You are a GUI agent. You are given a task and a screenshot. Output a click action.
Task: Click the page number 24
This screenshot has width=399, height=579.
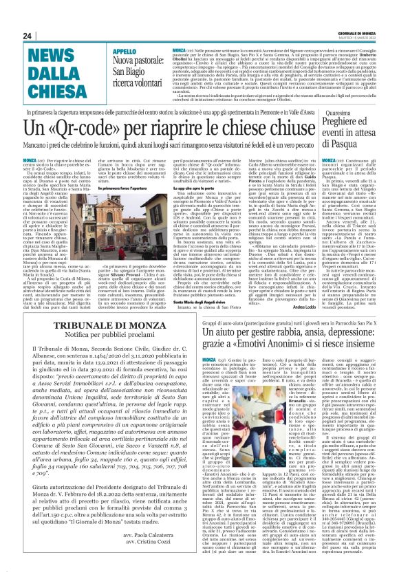[27, 35]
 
